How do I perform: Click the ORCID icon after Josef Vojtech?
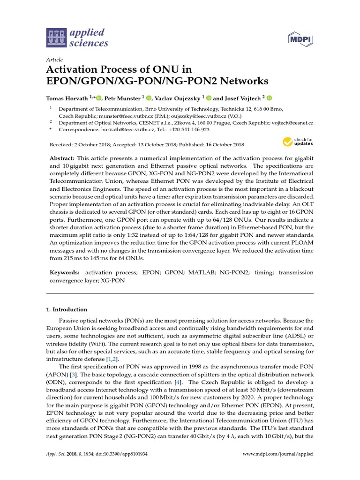[269, 98]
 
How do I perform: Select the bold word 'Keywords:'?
[64, 272]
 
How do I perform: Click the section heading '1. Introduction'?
[67, 309]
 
